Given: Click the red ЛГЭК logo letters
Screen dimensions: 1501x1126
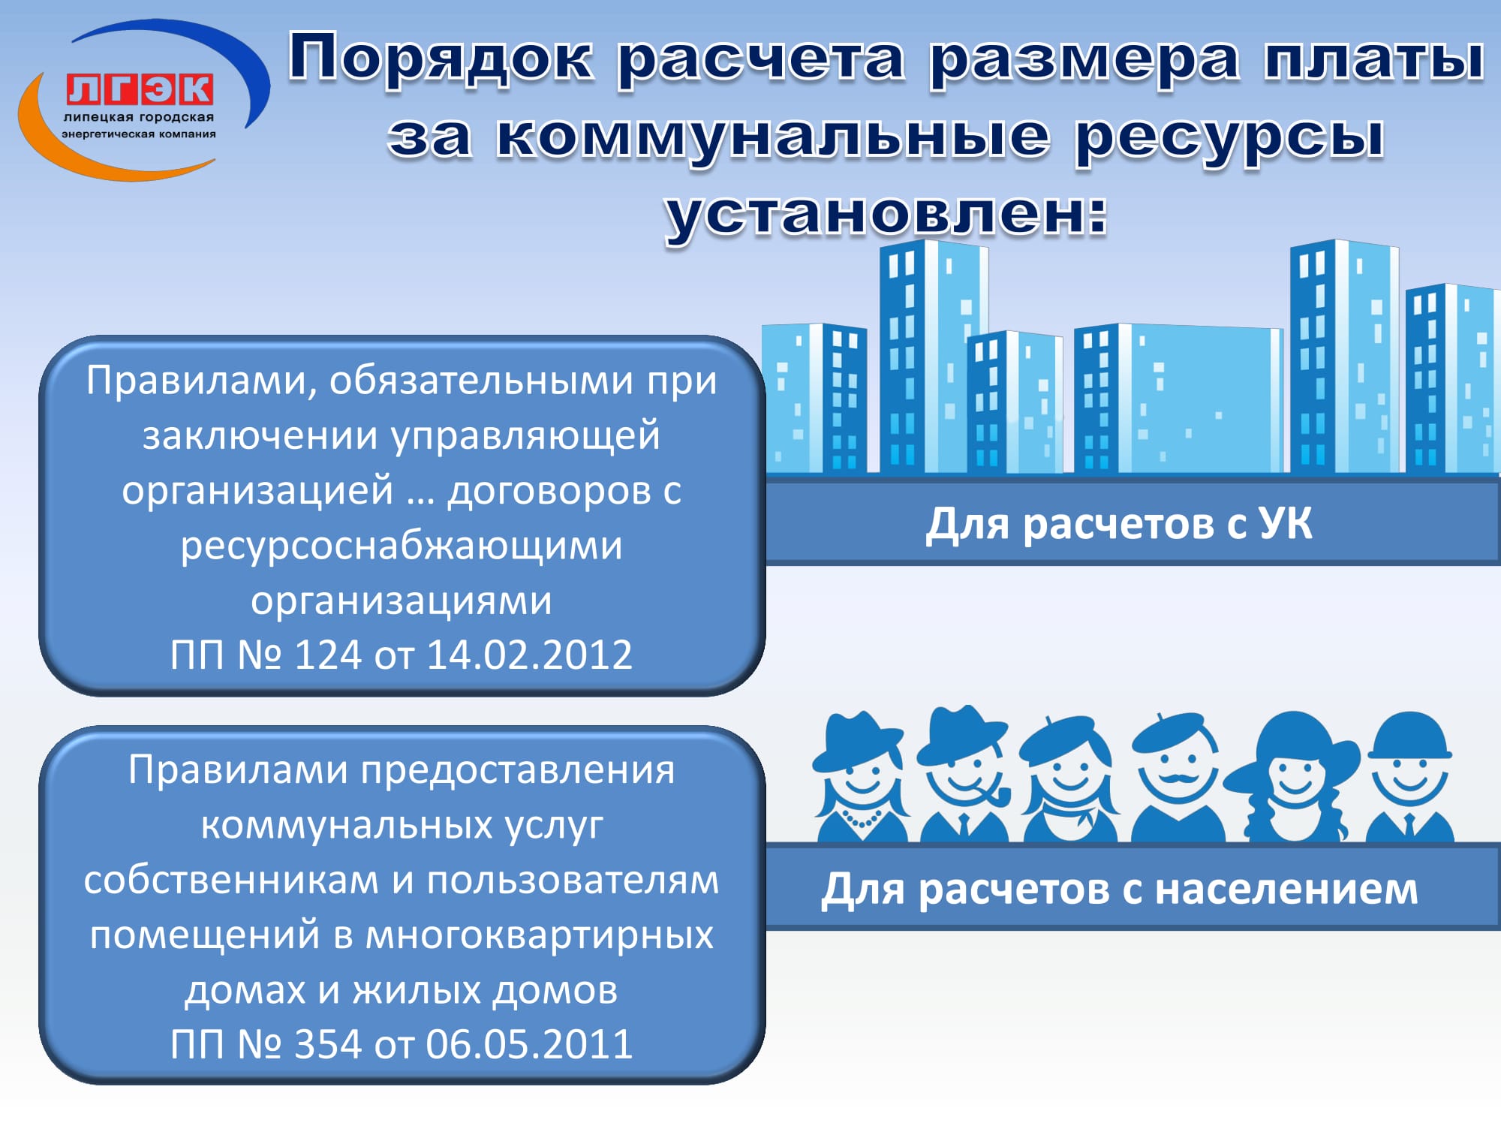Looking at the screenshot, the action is pos(140,90).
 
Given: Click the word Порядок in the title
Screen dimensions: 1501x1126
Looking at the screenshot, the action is pos(441,59).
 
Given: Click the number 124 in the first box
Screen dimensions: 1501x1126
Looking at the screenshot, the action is pos(328,655).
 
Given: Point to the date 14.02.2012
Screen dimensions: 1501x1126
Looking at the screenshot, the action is pos(530,655).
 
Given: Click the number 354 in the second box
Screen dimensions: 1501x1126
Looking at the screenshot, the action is pos(328,1044).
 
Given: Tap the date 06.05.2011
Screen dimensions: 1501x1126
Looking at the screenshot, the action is pos(530,1044).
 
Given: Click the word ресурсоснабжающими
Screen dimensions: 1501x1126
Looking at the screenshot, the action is pos(402,546).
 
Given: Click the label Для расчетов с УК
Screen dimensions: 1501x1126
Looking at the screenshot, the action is pos(1119,523).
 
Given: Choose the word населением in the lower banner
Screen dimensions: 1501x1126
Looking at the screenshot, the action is pos(1286,890).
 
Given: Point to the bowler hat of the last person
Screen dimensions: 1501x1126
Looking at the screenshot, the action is pos(1409,736).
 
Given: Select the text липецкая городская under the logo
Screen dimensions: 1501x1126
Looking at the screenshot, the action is pos(139,118).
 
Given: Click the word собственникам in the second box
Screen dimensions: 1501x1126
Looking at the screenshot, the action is pos(231,881).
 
